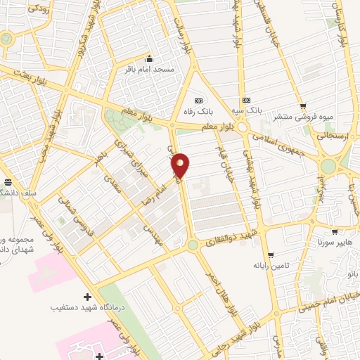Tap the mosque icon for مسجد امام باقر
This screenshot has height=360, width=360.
(149, 59)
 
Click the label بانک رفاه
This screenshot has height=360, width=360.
(197, 111)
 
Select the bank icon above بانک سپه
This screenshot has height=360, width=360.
(245, 100)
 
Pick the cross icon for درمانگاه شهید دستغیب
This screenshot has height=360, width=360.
(87, 297)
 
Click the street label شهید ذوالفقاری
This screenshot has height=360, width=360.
(231, 238)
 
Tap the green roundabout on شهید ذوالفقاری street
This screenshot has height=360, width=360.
(192, 245)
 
